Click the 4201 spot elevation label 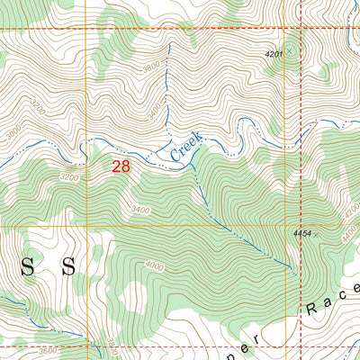(x=274, y=55)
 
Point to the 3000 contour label (x=10, y=132)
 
